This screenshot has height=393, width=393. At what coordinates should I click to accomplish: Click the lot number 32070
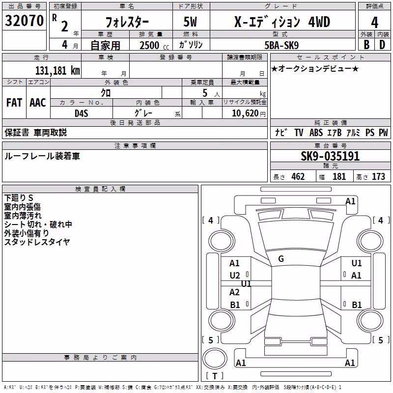click(x=24, y=21)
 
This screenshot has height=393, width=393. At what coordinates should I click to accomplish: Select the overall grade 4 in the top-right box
click(x=374, y=23)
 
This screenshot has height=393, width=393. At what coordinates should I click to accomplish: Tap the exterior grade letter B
click(x=366, y=45)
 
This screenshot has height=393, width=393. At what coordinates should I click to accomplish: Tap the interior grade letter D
click(x=382, y=45)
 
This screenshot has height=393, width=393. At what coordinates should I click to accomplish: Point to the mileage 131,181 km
click(x=57, y=71)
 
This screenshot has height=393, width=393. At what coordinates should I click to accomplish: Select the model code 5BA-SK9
click(x=281, y=45)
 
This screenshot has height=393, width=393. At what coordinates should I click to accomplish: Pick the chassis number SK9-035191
click(x=330, y=156)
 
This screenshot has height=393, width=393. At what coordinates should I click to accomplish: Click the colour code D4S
click(x=82, y=113)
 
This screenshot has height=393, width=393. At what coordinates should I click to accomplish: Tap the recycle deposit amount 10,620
click(x=245, y=113)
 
